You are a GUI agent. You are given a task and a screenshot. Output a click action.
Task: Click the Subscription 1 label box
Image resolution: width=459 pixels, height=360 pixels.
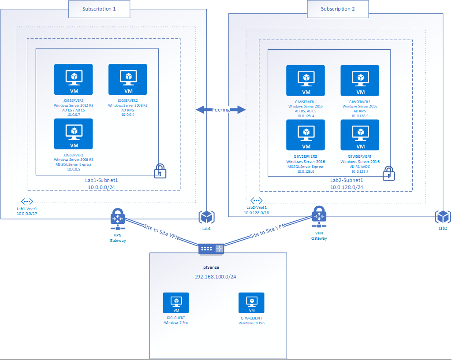coord(99,9)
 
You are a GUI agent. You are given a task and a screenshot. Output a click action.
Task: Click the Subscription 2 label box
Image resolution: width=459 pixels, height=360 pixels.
coord(338,9)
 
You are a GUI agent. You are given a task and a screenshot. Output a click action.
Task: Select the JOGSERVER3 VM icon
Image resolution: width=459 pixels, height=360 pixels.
coord(74,79)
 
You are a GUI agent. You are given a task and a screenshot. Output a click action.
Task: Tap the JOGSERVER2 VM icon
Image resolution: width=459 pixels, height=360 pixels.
coord(128,79)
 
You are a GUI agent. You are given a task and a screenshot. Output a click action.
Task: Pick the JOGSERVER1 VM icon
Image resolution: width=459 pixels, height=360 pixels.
coord(74,134)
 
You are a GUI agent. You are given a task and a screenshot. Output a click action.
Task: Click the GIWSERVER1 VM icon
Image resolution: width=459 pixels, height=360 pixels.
coord(306,80)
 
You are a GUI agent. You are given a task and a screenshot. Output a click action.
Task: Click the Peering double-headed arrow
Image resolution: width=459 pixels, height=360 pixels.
coord(220,110)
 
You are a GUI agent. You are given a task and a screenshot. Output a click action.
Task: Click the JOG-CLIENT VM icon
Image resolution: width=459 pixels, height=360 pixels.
coord(175,303)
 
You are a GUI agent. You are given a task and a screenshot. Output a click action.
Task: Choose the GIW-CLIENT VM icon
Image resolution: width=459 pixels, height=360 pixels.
coord(251,303)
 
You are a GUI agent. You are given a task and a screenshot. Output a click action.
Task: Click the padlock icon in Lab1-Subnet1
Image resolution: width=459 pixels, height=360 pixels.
coord(160,171)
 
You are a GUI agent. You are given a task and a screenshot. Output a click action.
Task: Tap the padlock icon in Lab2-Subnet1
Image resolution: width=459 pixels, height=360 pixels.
coord(388,173)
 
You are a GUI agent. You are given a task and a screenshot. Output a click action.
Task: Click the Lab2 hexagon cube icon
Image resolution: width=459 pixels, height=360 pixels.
coord(442,217)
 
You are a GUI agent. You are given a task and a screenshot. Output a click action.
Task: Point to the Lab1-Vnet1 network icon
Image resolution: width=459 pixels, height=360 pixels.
coord(27,201)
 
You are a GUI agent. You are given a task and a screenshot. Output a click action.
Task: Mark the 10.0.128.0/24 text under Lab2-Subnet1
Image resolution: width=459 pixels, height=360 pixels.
coord(347,187)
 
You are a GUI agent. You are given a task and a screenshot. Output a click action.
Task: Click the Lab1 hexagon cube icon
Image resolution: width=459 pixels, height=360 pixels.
coord(206,217)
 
